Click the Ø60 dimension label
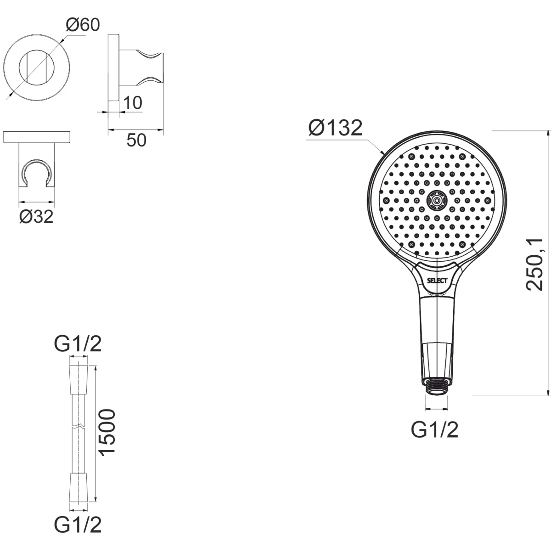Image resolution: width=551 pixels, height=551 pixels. [83, 25]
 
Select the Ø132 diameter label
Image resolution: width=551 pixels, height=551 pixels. [335, 128]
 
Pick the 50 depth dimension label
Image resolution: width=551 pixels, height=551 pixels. [136, 140]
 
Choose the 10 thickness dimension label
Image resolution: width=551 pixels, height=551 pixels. [132, 103]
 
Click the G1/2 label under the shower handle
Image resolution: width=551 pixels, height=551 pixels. [435, 438]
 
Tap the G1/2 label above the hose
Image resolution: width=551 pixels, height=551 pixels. [78, 344]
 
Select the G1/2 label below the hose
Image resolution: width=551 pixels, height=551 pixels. [78, 524]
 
